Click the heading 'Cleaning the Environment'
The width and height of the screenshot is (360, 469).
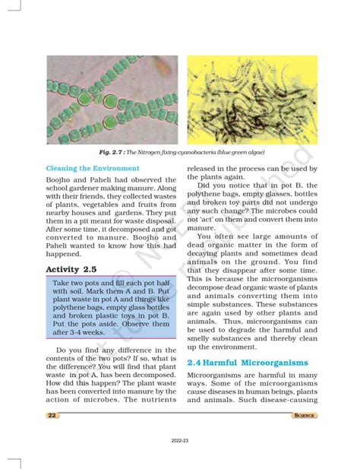pyautogui.click(x=92, y=167)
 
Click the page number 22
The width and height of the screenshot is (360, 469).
pyautogui.click(x=52, y=415)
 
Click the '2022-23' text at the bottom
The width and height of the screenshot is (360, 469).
pyautogui.click(x=180, y=439)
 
